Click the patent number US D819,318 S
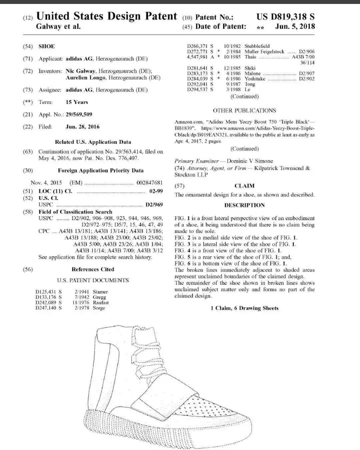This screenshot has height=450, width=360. [x=285, y=17]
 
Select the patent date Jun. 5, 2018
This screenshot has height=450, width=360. [x=295, y=27]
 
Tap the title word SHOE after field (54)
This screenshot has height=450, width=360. [x=47, y=46]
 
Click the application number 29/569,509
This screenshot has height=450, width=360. [x=79, y=114]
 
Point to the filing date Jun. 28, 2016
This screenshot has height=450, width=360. [x=82, y=127]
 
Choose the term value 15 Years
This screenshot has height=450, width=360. [x=77, y=102]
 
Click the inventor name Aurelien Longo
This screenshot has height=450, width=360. [x=86, y=78]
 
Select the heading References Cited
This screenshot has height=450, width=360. [x=93, y=269]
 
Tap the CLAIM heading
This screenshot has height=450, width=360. [x=244, y=186]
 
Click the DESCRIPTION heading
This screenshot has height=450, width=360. [x=244, y=205]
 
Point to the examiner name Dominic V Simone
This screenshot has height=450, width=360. [x=250, y=161]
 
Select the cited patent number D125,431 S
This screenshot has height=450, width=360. [x=49, y=292]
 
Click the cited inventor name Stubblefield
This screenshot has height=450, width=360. [x=257, y=46]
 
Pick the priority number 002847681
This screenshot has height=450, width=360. [x=150, y=183]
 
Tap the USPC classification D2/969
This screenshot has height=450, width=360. [x=154, y=205]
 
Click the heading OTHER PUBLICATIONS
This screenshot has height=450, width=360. [x=244, y=110]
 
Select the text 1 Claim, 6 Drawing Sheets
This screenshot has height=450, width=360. [x=244, y=308]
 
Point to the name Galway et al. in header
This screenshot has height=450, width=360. [x=58, y=27]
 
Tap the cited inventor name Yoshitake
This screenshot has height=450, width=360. [x=255, y=79]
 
